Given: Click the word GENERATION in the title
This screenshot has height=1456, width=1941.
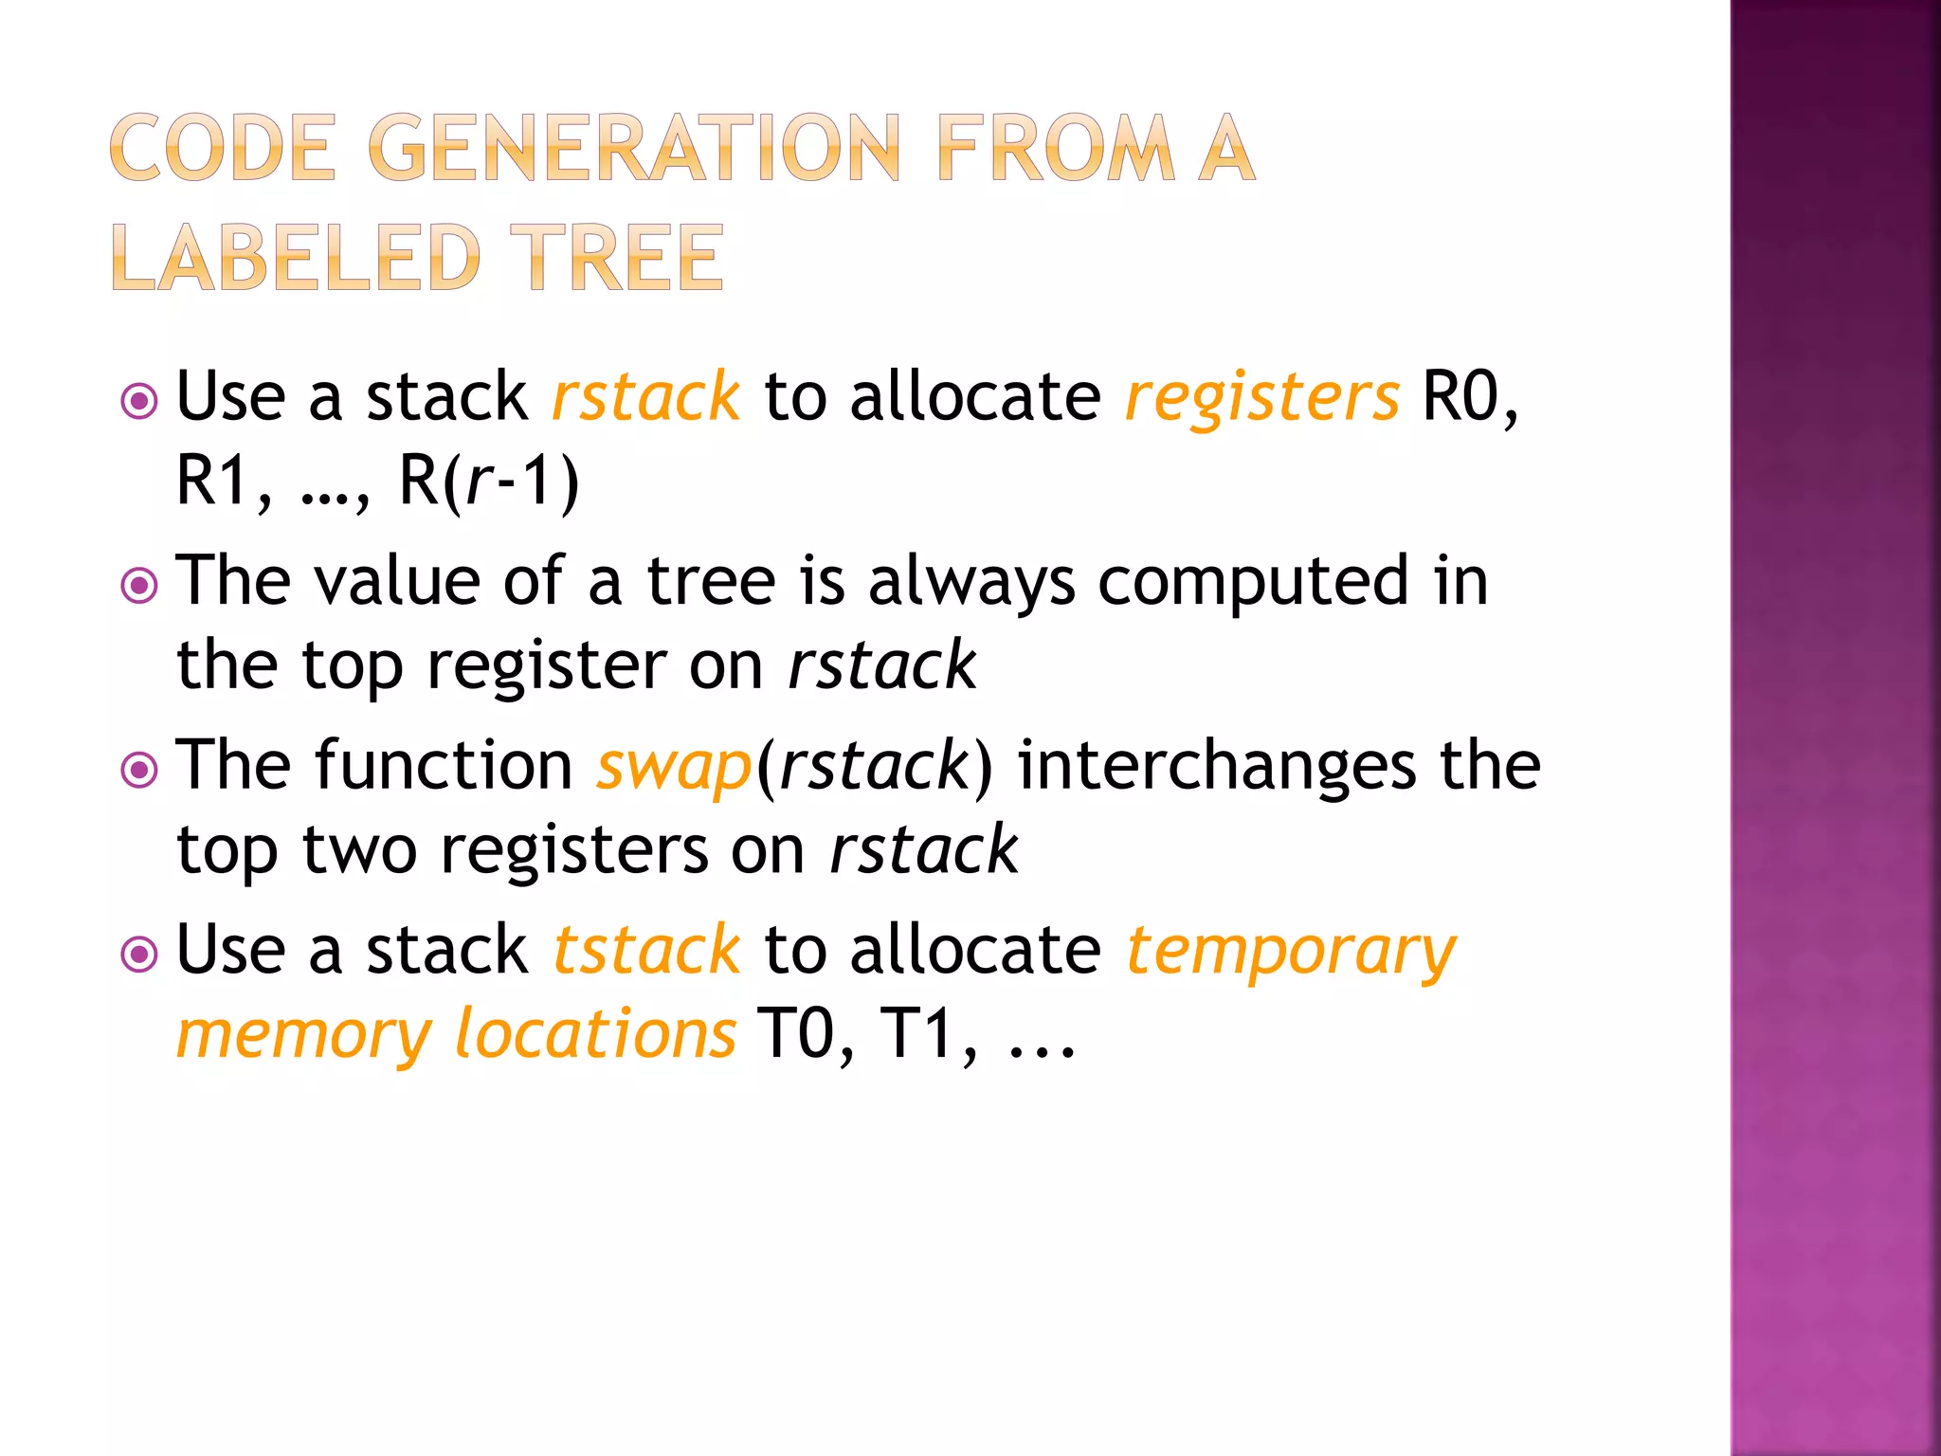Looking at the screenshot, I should [x=633, y=148].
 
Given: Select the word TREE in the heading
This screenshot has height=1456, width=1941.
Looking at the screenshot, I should [x=617, y=258].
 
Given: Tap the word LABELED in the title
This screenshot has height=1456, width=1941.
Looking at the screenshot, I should [x=296, y=258].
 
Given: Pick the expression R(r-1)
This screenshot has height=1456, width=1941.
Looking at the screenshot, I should [x=488, y=481].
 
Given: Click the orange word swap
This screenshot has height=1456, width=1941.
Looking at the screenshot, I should [x=674, y=766].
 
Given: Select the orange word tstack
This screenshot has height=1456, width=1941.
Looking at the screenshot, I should [x=645, y=950].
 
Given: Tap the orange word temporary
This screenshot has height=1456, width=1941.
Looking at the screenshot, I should [x=1291, y=952].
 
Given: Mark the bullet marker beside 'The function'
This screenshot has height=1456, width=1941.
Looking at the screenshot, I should [x=140, y=769].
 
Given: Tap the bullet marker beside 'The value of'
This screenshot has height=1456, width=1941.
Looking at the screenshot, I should [x=140, y=585].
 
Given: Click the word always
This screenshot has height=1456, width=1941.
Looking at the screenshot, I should [x=971, y=581].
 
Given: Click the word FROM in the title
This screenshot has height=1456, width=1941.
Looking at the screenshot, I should [x=1055, y=148].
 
